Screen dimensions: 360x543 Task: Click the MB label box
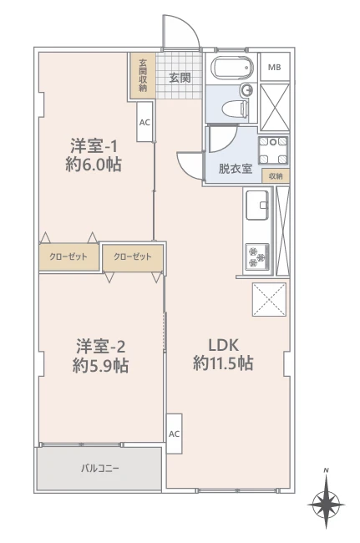[275, 67]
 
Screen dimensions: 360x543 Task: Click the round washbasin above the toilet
[247, 90]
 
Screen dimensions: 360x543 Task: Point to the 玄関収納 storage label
[143, 76]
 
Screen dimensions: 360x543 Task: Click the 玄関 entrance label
[180, 78]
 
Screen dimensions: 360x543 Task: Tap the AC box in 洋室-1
[145, 122]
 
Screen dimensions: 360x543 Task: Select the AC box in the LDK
[174, 434]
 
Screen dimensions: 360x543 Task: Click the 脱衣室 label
[235, 169]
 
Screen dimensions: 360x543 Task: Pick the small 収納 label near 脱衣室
[276, 176]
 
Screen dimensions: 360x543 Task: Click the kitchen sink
[257, 205]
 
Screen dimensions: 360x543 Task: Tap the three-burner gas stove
[257, 256]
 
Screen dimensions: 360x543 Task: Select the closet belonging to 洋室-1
[68, 257]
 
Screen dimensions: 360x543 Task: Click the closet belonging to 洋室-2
[133, 257]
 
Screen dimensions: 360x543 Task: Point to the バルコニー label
[100, 469]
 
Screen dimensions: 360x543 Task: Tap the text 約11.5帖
[223, 363]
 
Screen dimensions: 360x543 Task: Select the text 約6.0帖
[94, 165]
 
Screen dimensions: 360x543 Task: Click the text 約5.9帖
[100, 365]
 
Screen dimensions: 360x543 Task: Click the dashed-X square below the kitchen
[269, 300]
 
